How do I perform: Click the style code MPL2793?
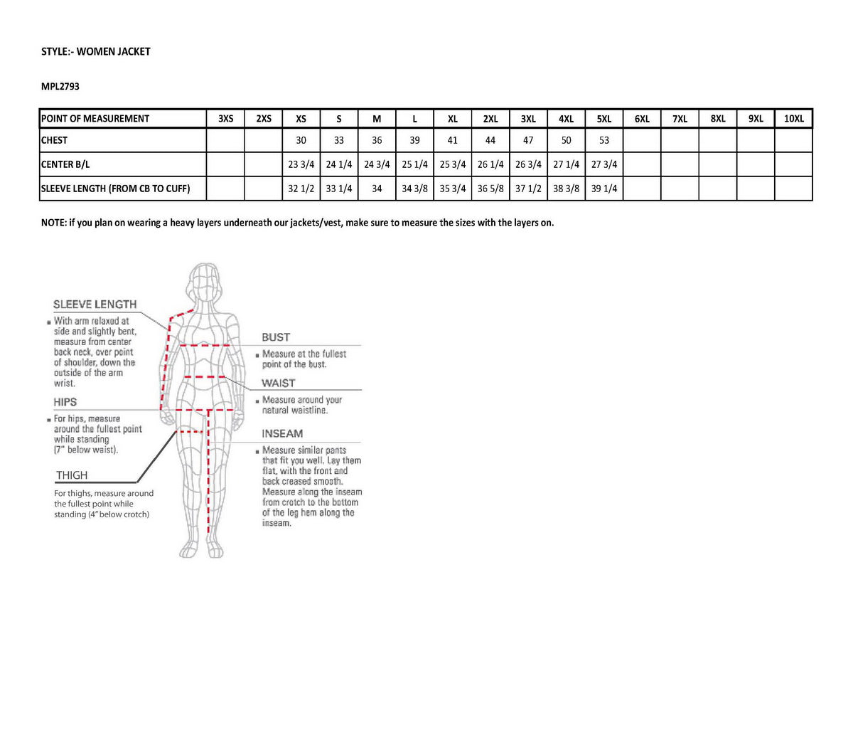click(60, 86)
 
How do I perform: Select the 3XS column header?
click(225, 119)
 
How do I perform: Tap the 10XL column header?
click(793, 119)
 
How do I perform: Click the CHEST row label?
click(55, 140)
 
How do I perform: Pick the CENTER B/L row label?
click(65, 164)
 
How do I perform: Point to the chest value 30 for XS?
click(301, 140)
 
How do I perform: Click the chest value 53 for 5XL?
click(604, 140)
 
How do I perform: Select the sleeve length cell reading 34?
click(377, 189)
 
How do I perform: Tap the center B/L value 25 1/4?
click(414, 164)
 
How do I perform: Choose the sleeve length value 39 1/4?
click(604, 189)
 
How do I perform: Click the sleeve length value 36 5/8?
click(490, 189)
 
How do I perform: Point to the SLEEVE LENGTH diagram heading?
click(95, 305)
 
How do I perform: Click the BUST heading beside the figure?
click(276, 337)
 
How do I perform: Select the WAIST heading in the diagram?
click(278, 383)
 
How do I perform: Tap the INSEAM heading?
click(282, 433)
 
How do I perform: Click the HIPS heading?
click(65, 402)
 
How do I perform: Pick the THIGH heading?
click(72, 475)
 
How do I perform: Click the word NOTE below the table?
click(53, 223)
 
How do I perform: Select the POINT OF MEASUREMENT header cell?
click(95, 119)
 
